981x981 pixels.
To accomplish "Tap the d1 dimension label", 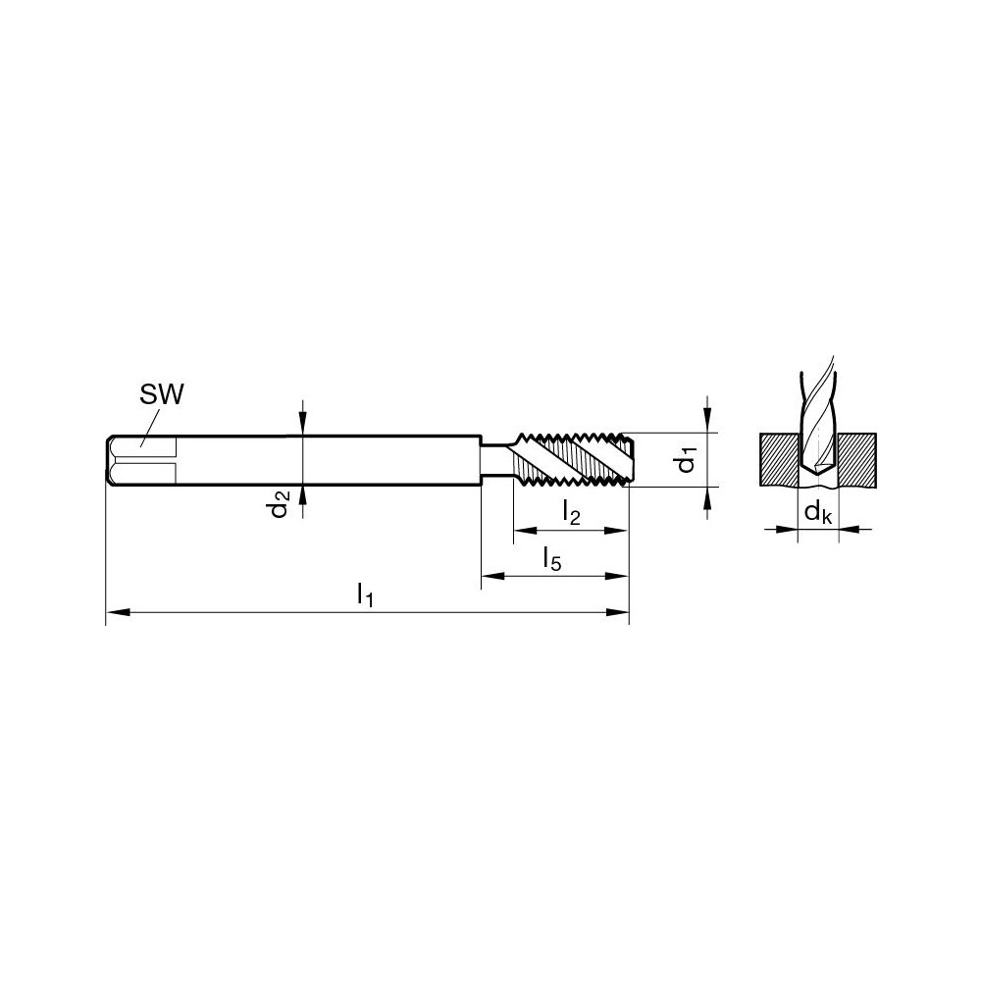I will coord(690,459).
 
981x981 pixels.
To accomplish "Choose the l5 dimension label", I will coord(552,558).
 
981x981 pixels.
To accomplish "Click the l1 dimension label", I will coord(365,594).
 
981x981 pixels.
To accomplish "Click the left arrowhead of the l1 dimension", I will coord(114,613).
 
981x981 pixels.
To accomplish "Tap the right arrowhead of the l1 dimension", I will coord(619,613).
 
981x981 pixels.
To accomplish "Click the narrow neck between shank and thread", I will coord(495,459).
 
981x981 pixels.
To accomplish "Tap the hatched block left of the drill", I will coord(780,459).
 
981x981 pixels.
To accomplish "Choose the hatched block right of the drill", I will coord(855,459).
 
